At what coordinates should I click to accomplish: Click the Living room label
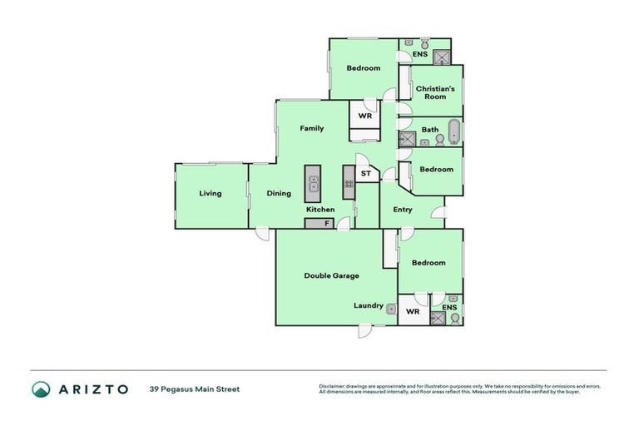[x=211, y=194]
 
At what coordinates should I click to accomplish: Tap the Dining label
[x=279, y=194]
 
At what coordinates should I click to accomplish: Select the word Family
[x=312, y=128]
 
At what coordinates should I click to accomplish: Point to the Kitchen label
[x=320, y=210]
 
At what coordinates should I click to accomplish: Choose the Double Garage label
[x=331, y=275]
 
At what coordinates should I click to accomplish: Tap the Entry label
[x=403, y=210]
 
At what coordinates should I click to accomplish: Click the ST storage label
[x=365, y=174]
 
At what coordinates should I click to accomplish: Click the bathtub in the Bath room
[x=453, y=131]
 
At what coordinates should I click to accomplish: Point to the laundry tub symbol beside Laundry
[x=390, y=307]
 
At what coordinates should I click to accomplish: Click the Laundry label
[x=369, y=305]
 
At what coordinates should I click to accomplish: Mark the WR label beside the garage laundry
[x=413, y=312]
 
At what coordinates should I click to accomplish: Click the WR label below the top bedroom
[x=364, y=116]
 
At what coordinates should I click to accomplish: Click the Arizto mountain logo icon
[x=42, y=389]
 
